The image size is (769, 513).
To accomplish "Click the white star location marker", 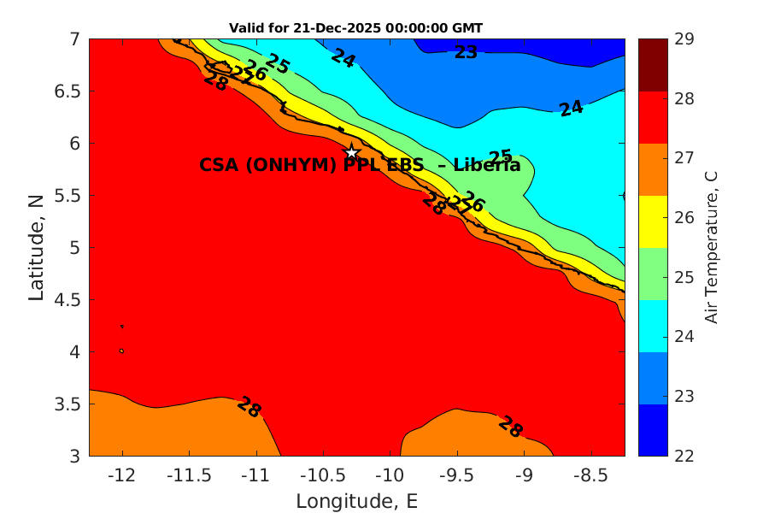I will pyautogui.click(x=351, y=152).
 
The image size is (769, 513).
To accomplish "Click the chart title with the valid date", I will pyautogui.click(x=355, y=28).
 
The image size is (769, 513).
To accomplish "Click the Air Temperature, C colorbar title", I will pyautogui.click(x=711, y=247).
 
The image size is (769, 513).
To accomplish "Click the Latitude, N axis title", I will pyautogui.click(x=36, y=247).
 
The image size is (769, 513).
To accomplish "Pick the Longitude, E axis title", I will pyautogui.click(x=356, y=501).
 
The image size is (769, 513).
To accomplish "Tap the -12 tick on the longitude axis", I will pyautogui.click(x=122, y=475).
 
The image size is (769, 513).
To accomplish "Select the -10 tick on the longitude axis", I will pyautogui.click(x=390, y=475).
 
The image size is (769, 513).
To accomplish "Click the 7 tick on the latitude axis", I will pyautogui.click(x=74, y=39).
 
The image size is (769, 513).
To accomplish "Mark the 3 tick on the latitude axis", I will pyautogui.click(x=74, y=456).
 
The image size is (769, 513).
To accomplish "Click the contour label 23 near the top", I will pyautogui.click(x=466, y=53).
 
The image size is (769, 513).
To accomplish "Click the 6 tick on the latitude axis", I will pyautogui.click(x=74, y=144).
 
